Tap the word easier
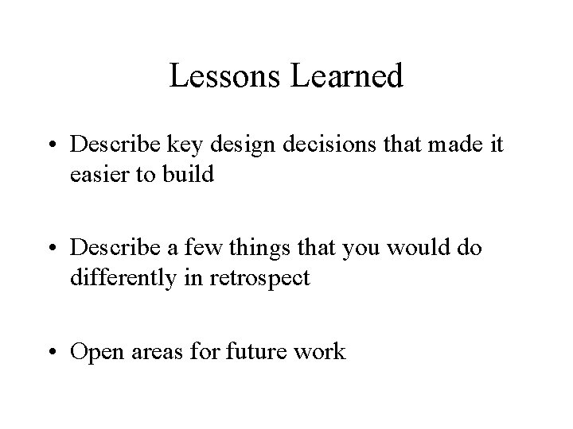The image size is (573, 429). pos(99,173)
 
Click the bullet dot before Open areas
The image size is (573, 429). pos(58,351)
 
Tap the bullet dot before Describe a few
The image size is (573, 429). pos(58,249)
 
